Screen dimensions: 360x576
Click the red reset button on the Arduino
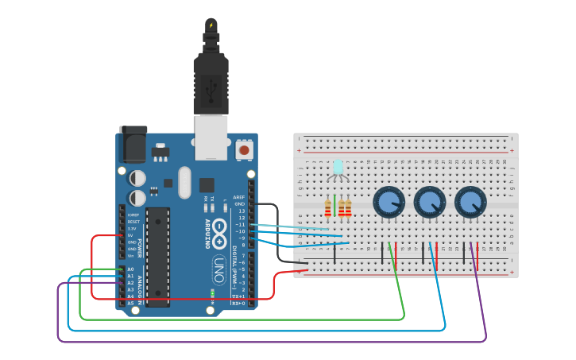[x=245, y=149]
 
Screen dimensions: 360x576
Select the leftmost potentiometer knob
[x=389, y=202]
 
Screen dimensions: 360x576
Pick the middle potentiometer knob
[x=429, y=202]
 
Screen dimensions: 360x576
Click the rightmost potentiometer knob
[x=470, y=202]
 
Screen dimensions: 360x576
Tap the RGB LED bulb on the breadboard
[x=338, y=167]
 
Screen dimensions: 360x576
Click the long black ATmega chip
[x=157, y=256]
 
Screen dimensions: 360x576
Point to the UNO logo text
[x=218, y=270]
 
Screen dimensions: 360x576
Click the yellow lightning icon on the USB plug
[x=211, y=25]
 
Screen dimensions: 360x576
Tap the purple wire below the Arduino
[x=270, y=342]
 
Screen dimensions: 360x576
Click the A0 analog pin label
[x=130, y=269]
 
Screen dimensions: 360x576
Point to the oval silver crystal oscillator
[x=185, y=182]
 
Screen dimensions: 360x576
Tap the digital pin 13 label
[x=242, y=211]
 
